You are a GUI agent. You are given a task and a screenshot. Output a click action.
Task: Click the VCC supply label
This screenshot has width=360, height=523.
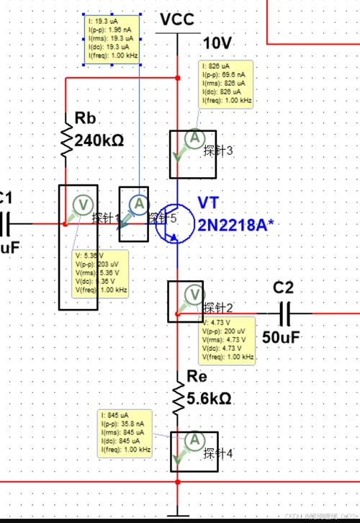pyautogui.click(x=176, y=19)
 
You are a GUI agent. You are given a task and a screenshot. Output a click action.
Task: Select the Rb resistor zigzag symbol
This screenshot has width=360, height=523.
pyautogui.click(x=66, y=140)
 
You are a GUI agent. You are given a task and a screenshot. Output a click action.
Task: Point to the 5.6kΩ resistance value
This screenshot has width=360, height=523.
pyautogui.click(x=209, y=397)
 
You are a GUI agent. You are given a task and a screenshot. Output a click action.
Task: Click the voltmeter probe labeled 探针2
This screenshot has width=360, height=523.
pyautogui.click(x=193, y=294)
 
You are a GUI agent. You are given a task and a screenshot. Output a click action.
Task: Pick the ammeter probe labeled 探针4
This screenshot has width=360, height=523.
pyautogui.click(x=193, y=440)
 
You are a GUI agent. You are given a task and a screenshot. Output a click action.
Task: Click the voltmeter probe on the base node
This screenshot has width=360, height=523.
pyautogui.click(x=83, y=205)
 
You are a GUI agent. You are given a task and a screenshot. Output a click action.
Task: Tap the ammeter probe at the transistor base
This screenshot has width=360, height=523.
pyautogui.click(x=137, y=205)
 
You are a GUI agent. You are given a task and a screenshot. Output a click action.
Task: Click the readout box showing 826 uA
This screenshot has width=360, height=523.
pyautogui.click(x=225, y=84)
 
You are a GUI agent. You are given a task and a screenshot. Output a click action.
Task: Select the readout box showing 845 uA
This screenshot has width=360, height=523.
pyautogui.click(x=126, y=433)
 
